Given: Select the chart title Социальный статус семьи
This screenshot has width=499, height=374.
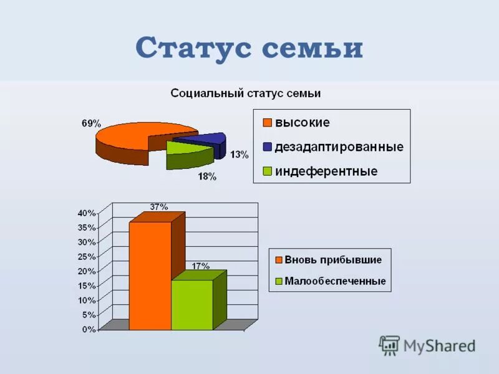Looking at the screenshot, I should (246, 93).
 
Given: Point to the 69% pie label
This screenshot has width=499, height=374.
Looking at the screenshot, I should (91, 123).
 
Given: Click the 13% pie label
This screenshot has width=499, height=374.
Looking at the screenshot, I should (239, 155).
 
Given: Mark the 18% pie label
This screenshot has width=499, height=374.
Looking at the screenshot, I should (207, 176).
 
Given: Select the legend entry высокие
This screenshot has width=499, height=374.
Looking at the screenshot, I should (303, 123).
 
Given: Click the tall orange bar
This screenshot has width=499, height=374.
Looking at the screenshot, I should (150, 274).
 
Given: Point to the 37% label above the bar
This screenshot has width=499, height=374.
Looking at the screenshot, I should (158, 207).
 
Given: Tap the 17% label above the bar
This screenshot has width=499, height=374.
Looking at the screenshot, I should (200, 266).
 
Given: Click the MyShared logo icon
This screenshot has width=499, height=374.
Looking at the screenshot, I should (389, 345).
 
